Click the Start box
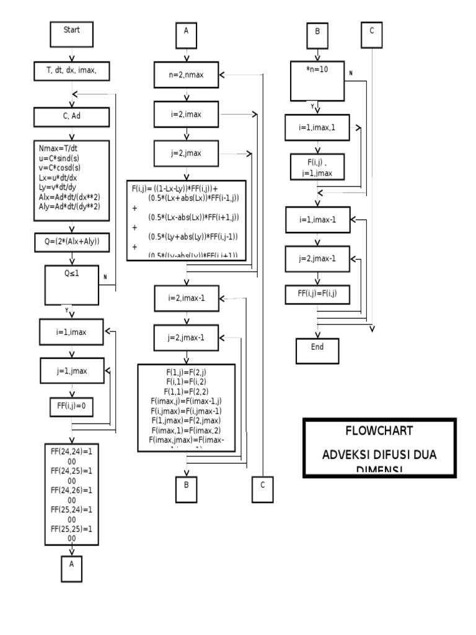(x=71, y=33)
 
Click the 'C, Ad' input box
(x=73, y=116)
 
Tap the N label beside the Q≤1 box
(x=105, y=277)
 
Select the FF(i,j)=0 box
(x=71, y=406)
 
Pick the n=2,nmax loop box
(x=185, y=75)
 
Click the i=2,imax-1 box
(x=185, y=298)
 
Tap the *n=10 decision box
(x=317, y=80)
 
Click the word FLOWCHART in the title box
(x=379, y=431)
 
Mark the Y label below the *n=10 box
(x=312, y=106)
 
